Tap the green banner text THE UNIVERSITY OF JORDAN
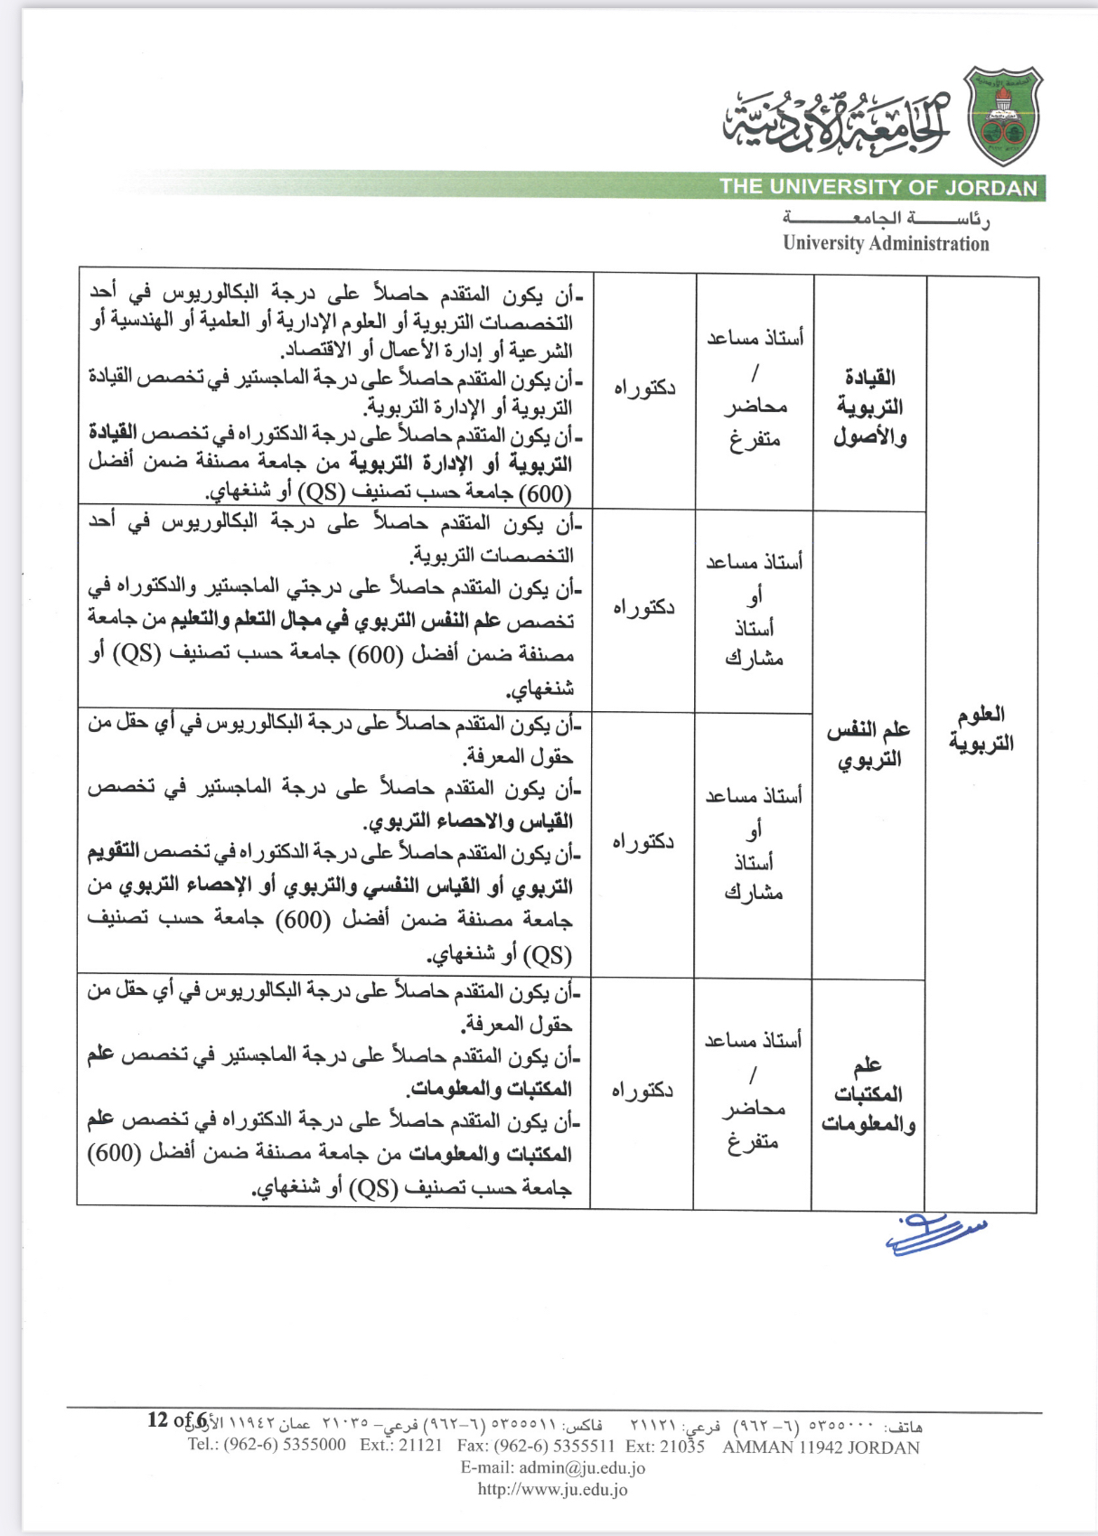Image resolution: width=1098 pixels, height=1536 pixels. pyautogui.click(x=878, y=188)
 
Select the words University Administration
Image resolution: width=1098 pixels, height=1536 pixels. pyautogui.click(x=886, y=243)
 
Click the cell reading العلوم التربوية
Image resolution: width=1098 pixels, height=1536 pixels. pyautogui.click(x=981, y=729)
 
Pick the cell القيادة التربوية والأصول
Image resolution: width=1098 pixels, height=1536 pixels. pyautogui.click(x=869, y=407)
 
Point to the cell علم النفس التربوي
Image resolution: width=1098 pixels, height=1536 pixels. pyautogui.click(x=868, y=744)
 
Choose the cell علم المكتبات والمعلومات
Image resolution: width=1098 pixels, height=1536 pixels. pyautogui.click(x=868, y=1094)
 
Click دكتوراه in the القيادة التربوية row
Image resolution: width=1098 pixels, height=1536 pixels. pyautogui.click(x=644, y=389)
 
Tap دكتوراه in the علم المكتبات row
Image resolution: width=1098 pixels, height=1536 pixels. pyautogui.click(x=642, y=1091)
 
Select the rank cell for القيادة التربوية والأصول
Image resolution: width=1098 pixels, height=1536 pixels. pyautogui.click(x=755, y=389)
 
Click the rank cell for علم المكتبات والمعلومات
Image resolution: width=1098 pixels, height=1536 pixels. pyautogui.click(x=753, y=1091)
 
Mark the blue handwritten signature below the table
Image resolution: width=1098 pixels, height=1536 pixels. pyautogui.click(x=935, y=1234)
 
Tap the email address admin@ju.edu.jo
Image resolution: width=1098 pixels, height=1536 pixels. pyautogui.click(x=553, y=1467)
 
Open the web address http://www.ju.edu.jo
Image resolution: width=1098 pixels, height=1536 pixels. pyautogui.click(x=552, y=1490)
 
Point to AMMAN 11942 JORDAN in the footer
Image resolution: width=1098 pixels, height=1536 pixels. pyautogui.click(x=821, y=1447)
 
